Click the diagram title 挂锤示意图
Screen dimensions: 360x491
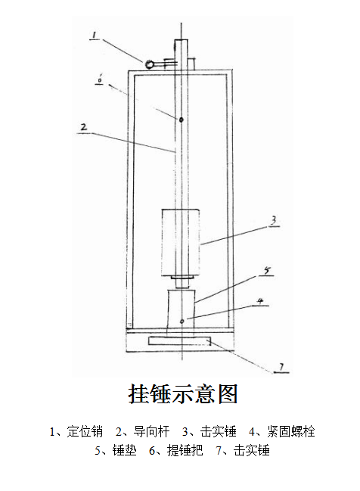tap(183, 394)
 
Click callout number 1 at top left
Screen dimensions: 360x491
tap(95, 35)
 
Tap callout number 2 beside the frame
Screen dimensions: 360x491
tap(84, 127)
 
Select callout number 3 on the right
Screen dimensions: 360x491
tap(274, 220)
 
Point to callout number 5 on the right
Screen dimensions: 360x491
tap(267, 271)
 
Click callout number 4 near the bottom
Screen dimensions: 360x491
tap(260, 301)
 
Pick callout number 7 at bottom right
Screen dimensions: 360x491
tap(281, 366)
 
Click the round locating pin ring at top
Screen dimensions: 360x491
tap(149, 65)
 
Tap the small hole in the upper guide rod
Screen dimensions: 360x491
tap(182, 120)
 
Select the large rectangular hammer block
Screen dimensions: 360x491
tap(181, 242)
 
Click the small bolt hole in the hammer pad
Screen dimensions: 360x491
tap(182, 322)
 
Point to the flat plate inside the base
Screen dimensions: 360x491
tap(179, 340)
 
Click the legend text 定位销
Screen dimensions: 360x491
tap(85, 431)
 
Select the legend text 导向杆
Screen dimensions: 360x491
tap(151, 431)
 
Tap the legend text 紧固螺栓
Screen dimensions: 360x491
tap(291, 431)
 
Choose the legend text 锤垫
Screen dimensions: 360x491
tap(125, 450)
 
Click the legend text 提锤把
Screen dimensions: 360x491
tap(185, 450)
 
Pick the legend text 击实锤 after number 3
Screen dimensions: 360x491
tap(218, 431)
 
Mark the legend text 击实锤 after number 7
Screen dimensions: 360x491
tap(252, 450)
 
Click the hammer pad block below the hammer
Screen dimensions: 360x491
tap(181, 309)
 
